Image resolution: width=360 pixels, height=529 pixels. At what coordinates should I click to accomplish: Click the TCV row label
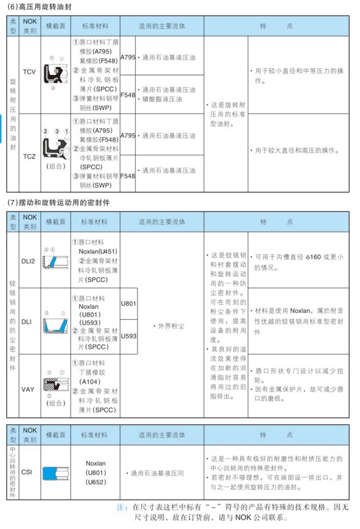[30, 72]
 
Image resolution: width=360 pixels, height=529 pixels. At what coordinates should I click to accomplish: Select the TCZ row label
[30, 157]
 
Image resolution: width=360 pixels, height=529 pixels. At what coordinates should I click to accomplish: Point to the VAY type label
[29, 389]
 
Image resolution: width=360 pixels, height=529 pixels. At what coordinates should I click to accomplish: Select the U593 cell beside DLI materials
[128, 336]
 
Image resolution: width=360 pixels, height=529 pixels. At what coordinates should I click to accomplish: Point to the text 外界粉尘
[171, 326]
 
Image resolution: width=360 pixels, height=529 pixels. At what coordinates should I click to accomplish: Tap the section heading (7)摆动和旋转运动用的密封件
[57, 203]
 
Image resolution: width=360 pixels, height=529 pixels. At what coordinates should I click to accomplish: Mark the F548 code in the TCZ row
[127, 176]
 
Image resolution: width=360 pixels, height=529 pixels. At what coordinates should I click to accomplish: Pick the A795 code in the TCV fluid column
[127, 57]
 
